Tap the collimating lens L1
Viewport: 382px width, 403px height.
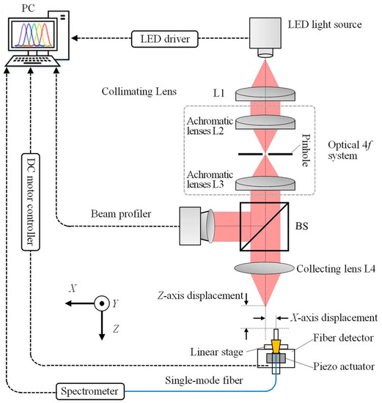266,92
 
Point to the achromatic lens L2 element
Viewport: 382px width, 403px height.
266,125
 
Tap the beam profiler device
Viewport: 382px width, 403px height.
194,226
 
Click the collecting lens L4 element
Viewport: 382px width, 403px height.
266,269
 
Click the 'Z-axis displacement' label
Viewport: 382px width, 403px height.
198,295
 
